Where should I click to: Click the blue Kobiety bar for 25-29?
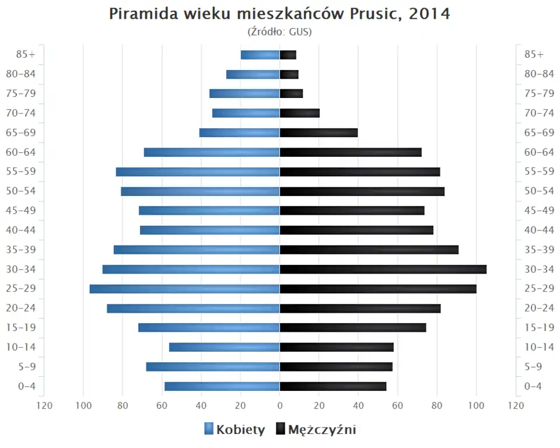(x=184, y=289)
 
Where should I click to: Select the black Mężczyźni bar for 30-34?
(x=383, y=269)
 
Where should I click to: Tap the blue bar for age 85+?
(x=260, y=55)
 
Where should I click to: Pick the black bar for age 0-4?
(x=332, y=386)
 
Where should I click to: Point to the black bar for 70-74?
(x=300, y=113)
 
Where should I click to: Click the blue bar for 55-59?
(x=198, y=171)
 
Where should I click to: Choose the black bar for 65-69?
(x=318, y=132)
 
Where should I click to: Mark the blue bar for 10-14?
(x=225, y=347)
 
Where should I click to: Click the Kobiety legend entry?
(x=235, y=430)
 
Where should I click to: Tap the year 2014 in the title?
(x=429, y=14)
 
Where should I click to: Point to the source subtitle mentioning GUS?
(x=279, y=32)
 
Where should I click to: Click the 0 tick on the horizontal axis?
(x=279, y=405)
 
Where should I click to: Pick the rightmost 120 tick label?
(x=515, y=405)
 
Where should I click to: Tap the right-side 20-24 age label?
(x=539, y=308)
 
